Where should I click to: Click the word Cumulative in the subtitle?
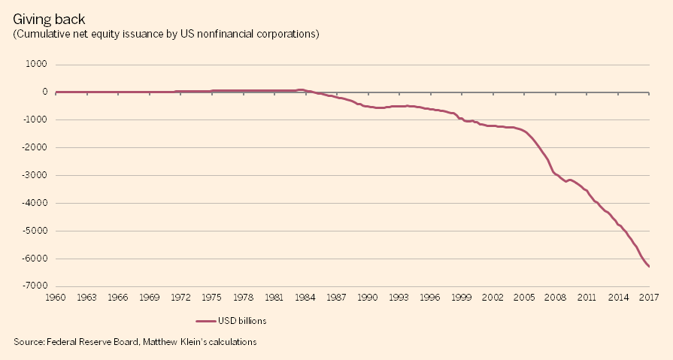42,34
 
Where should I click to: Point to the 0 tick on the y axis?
45,92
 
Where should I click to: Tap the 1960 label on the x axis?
56,298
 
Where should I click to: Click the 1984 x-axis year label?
305,298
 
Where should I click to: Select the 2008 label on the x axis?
556,298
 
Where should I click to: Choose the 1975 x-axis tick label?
212,298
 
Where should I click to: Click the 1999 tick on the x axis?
462,298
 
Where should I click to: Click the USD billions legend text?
242,321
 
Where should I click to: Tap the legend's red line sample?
205,321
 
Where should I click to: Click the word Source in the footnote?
29,342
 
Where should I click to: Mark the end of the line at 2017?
649,266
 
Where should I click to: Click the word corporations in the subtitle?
289,34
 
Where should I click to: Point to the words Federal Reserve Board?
93,342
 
